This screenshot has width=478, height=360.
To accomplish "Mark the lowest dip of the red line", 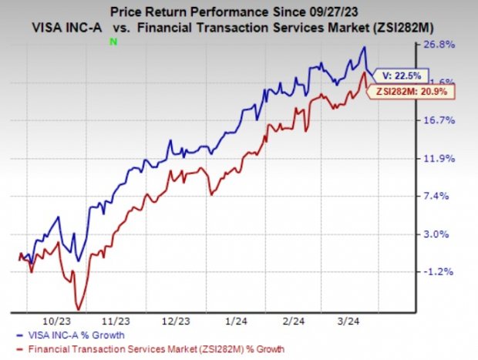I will pyautogui.click(x=78, y=308).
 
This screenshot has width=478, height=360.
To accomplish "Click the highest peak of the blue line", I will pyautogui.click(x=365, y=48).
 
